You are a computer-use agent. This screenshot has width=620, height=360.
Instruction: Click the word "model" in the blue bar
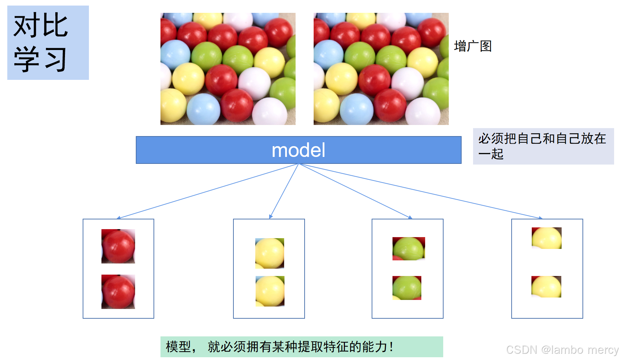[x=298, y=150]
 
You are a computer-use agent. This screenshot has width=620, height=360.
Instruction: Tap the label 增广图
[x=473, y=46]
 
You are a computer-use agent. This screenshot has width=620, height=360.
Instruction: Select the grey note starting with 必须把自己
[x=543, y=146]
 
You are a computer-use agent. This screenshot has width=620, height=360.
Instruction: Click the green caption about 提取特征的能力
[x=301, y=346]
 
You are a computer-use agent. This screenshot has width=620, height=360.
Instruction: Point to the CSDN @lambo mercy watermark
[x=562, y=350]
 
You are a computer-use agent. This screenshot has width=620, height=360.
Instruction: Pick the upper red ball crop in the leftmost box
[x=118, y=246]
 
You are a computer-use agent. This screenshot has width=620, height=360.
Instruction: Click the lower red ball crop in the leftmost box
[x=118, y=292]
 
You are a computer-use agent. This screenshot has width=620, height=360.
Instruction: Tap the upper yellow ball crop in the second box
[x=270, y=253]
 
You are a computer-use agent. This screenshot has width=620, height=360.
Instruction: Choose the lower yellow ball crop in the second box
[x=270, y=291]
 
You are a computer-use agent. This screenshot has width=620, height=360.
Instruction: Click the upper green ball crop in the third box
[x=408, y=249]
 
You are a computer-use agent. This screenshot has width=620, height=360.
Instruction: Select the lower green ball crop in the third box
[x=407, y=288]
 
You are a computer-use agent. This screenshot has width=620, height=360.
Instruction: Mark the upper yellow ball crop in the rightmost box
[x=546, y=238]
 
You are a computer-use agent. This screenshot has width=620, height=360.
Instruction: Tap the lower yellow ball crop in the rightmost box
[x=546, y=286]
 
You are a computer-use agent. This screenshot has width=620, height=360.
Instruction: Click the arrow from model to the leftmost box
[x=208, y=191]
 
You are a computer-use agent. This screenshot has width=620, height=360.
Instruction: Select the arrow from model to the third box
[x=354, y=191]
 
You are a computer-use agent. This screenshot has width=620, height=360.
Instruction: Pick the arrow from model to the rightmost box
[x=420, y=191]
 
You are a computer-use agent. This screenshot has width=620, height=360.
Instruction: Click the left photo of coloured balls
[x=228, y=69]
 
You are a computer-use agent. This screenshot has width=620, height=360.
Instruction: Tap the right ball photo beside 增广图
[x=381, y=69]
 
